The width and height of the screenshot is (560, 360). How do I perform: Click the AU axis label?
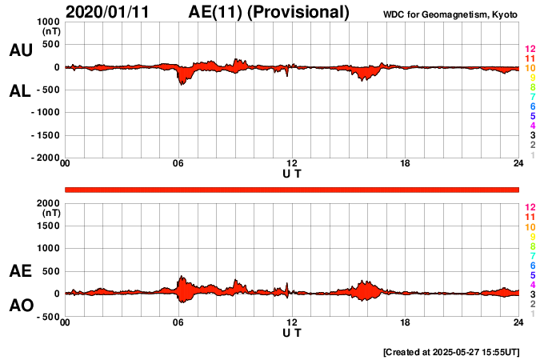pyautogui.click(x=21, y=50)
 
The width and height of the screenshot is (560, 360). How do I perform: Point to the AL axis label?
pyautogui.click(x=21, y=91)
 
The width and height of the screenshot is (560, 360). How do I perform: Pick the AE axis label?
pyautogui.click(x=21, y=272)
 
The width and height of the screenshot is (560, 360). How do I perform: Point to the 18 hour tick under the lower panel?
pyautogui.click(x=406, y=322)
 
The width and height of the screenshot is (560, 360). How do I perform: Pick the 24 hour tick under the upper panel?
pyautogui.click(x=518, y=164)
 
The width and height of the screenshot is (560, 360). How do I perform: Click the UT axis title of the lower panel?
pyautogui.click(x=292, y=332)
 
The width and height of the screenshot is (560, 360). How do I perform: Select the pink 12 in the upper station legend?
pyautogui.click(x=530, y=50)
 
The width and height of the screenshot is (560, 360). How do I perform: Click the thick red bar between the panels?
pyautogui.click(x=292, y=189)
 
